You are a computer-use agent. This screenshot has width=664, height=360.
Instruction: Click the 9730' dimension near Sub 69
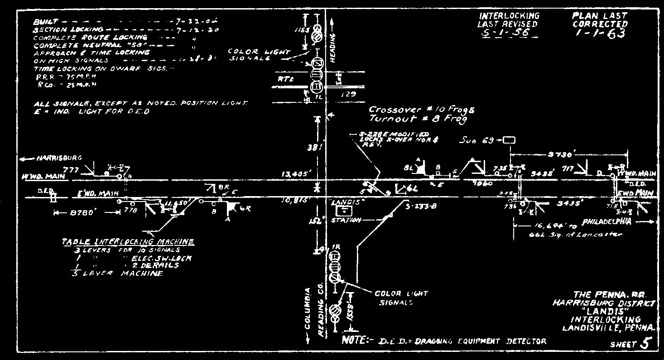click(x=560, y=155)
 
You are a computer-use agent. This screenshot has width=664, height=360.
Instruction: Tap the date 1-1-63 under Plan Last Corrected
click(x=599, y=34)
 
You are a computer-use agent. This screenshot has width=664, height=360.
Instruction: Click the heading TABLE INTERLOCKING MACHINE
click(x=128, y=242)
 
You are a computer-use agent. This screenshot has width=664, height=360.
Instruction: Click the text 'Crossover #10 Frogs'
click(x=421, y=110)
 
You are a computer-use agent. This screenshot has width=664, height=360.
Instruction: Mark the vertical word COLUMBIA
click(x=308, y=309)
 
